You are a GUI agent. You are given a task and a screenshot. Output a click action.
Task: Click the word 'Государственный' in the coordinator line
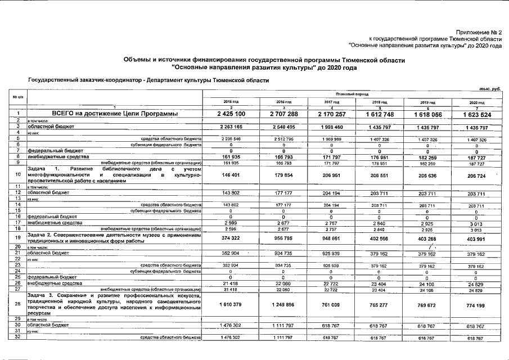pos(53,80)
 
